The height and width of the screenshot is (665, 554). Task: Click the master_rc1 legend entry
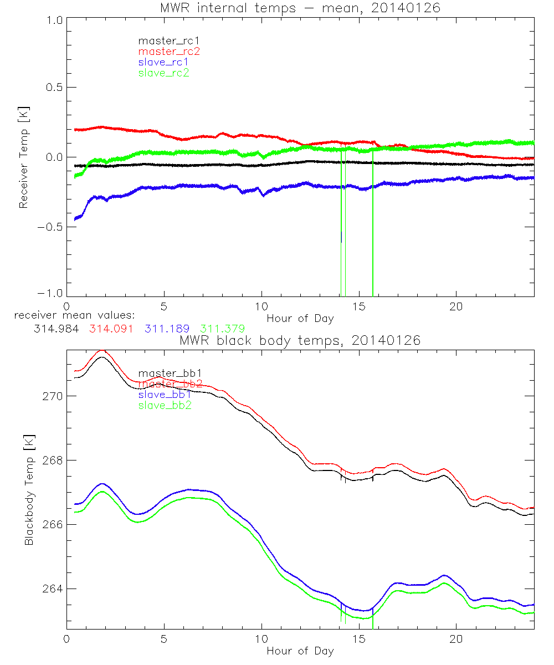(x=164, y=40)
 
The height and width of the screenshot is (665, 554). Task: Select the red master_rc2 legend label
(x=169, y=51)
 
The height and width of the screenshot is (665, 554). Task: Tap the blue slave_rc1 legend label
(x=164, y=62)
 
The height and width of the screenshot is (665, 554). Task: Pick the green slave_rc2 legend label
(x=164, y=73)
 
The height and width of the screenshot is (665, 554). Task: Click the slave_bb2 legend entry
(x=166, y=405)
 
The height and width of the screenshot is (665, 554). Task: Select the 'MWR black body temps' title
(x=300, y=340)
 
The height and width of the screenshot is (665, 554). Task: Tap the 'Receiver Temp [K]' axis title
(x=23, y=157)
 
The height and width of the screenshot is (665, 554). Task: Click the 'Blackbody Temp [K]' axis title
(x=28, y=488)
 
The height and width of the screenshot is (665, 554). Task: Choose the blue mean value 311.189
(x=168, y=329)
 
